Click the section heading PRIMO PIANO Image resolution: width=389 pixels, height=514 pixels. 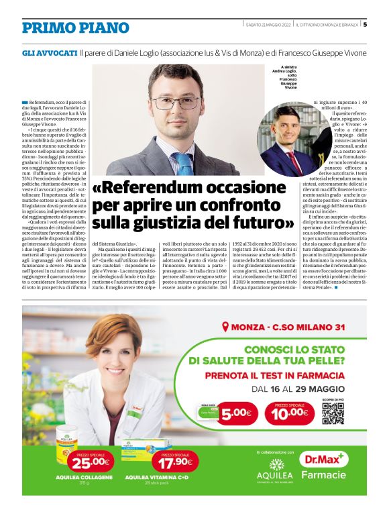[x=75, y=28]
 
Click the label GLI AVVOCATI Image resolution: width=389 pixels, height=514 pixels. [x=50, y=52]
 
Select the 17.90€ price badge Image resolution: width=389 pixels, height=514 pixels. [x=172, y=462]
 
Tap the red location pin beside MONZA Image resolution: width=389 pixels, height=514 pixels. [x=225, y=328]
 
